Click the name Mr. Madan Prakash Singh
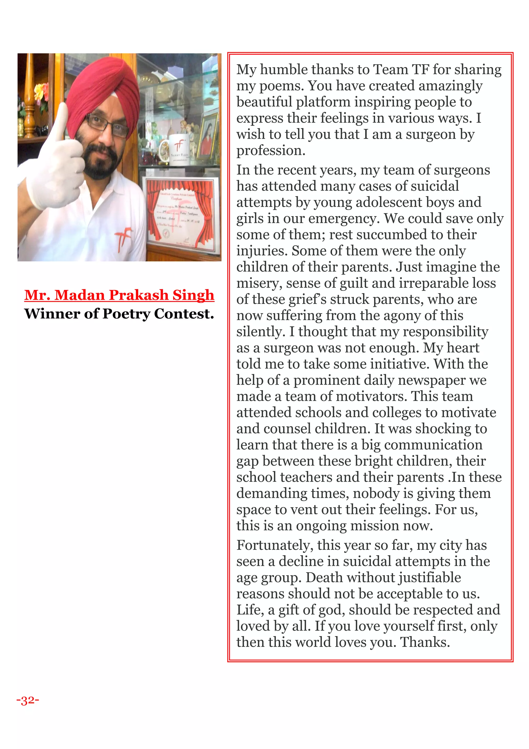pyautogui.click(x=119, y=295)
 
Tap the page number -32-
pyautogui.click(x=28, y=700)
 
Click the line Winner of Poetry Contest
pyautogui.click(x=119, y=314)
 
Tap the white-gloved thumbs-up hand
pyautogui.click(x=57, y=166)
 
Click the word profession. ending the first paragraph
pyautogui.click(x=271, y=151)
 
